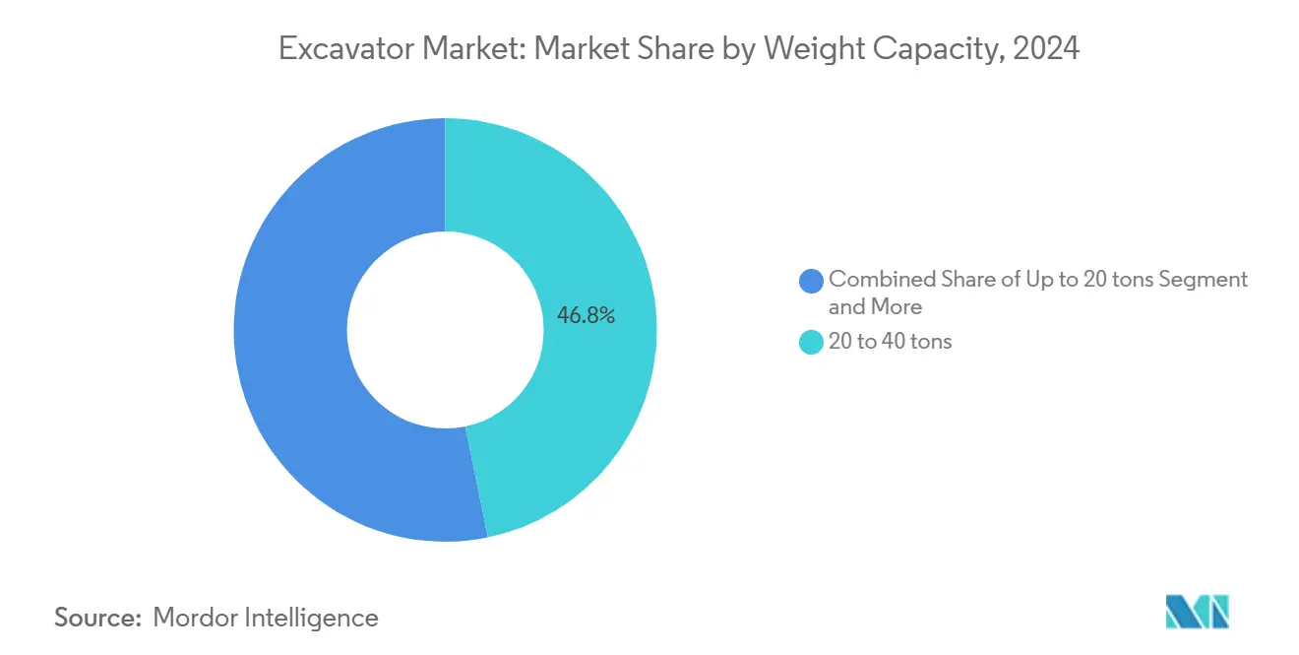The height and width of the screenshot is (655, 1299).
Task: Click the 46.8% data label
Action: (586, 316)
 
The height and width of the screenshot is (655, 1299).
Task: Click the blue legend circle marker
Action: (812, 281)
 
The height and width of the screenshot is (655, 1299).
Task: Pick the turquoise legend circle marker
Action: (812, 343)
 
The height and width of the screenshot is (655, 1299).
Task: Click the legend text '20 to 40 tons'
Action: (890, 343)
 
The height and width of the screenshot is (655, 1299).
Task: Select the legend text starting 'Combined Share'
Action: (1037, 280)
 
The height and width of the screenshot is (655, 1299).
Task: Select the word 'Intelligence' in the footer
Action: (314, 618)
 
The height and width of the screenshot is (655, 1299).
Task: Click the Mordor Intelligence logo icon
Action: (1197, 612)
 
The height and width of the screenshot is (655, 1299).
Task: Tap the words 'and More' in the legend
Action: (875, 307)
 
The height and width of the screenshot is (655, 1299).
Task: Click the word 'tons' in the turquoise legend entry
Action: (929, 343)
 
